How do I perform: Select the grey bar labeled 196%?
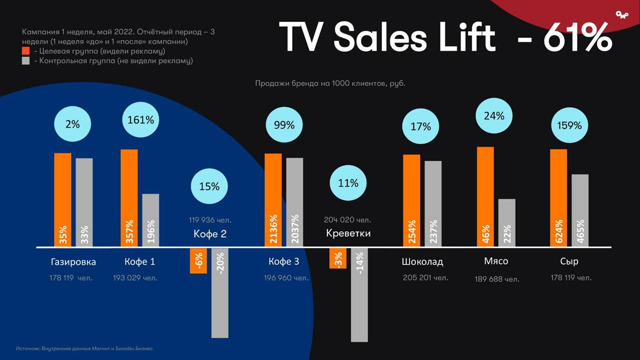[x=150, y=220]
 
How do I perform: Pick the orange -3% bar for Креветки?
[x=338, y=258]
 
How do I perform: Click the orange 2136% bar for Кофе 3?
[x=273, y=200]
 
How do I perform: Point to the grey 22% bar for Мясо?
[x=507, y=222]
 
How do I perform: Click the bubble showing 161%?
[x=141, y=119]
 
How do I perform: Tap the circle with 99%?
[x=284, y=125]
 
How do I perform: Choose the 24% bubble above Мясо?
[x=494, y=115]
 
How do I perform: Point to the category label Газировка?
[x=73, y=261]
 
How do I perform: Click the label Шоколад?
[x=422, y=261]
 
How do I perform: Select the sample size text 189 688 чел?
[x=497, y=279]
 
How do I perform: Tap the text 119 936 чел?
[x=210, y=219]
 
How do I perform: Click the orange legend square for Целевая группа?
[x=26, y=51]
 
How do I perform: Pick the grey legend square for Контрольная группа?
[x=26, y=61]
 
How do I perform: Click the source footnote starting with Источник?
[x=87, y=348]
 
